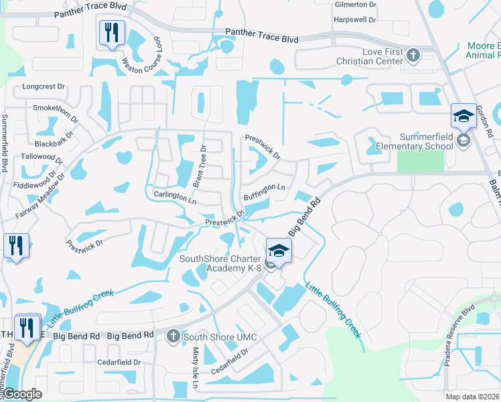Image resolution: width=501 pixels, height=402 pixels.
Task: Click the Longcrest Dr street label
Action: click(x=44, y=86)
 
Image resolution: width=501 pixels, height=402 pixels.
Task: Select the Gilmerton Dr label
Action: click(x=355, y=4)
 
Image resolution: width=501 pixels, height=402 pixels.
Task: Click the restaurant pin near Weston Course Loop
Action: click(x=111, y=32)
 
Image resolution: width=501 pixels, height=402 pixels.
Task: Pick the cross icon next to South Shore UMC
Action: click(x=173, y=335)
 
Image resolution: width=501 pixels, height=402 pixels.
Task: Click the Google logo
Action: click(x=21, y=394)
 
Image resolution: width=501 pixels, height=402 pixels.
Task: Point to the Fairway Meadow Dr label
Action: click(x=40, y=198)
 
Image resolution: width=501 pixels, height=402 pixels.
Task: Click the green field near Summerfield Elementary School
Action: click(x=420, y=161)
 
